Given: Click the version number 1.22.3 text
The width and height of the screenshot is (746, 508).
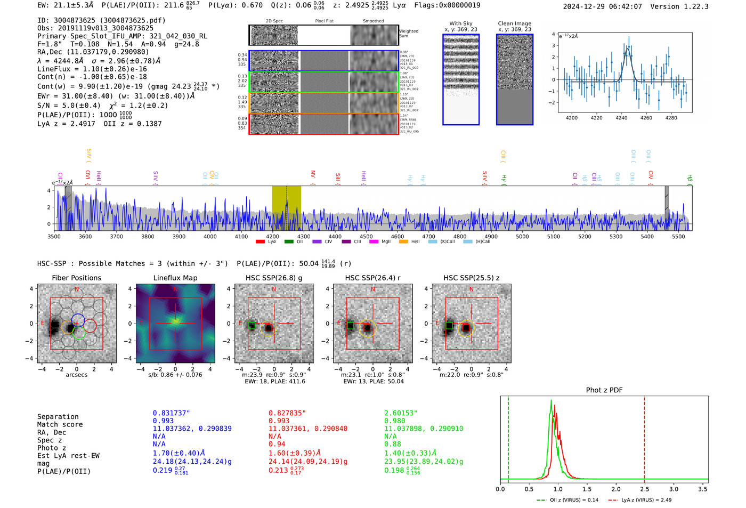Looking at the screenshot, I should [x=696, y=6].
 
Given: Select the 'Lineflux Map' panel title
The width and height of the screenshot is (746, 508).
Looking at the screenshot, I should [x=175, y=278].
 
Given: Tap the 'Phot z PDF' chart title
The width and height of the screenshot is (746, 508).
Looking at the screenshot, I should [x=604, y=390].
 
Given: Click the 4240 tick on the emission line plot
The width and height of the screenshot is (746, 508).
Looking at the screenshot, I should [x=621, y=118].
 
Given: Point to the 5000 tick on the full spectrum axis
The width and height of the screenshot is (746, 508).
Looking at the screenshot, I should [x=522, y=236].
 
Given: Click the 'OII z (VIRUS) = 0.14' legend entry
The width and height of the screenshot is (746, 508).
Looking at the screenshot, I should [x=567, y=500].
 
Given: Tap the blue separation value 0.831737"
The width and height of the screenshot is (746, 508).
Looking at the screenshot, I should [x=171, y=413].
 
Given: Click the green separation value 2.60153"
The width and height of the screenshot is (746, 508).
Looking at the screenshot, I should [x=401, y=413].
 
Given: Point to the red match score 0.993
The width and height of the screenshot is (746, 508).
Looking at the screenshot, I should [x=279, y=421].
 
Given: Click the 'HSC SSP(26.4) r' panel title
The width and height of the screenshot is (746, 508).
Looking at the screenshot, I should [x=372, y=278].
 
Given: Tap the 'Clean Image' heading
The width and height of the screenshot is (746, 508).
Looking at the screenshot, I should [x=514, y=23].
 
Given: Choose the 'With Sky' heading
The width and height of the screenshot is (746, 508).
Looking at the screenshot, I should [x=460, y=23].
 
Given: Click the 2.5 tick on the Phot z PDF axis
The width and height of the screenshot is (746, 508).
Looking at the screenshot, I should [x=645, y=489].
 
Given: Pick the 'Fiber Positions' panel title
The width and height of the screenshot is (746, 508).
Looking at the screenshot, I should [x=76, y=278].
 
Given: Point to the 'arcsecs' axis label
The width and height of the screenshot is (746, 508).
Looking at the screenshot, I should [x=76, y=375].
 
